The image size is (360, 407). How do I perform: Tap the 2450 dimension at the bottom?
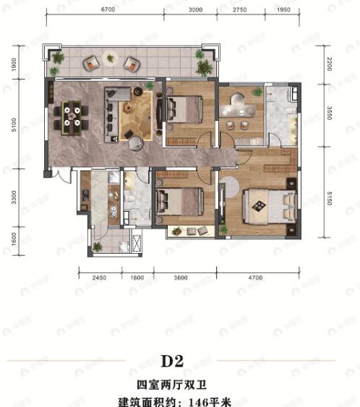(100, 277)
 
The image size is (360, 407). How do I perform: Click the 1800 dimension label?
(136, 277)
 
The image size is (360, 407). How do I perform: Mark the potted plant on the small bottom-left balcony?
(96, 247)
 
